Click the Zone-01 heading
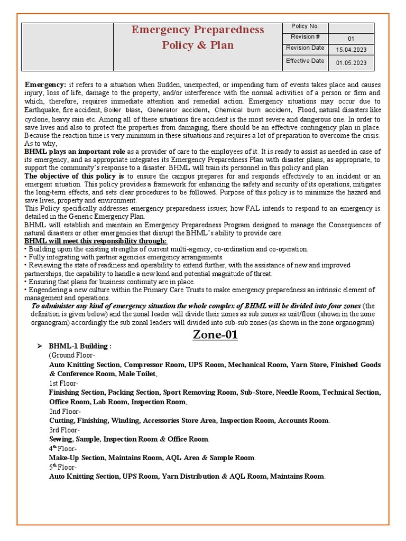coord(215,334)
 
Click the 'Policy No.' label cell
coord(305,27)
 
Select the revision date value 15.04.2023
coord(351,50)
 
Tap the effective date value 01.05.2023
coord(351,63)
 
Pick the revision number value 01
coord(351,39)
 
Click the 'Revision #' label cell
coord(305,37)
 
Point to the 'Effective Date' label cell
coord(305,61)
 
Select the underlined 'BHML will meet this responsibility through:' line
coord(96,241)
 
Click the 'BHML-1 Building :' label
coord(80,346)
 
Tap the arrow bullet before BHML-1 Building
coord(39,346)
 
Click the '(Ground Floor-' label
coord(72,356)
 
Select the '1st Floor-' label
coord(63,383)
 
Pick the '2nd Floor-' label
coord(64,411)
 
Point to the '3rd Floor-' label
coord(64,430)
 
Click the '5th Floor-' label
coord(63,467)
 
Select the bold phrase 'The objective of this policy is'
coord(74,176)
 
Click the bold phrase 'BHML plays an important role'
coord(75,152)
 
